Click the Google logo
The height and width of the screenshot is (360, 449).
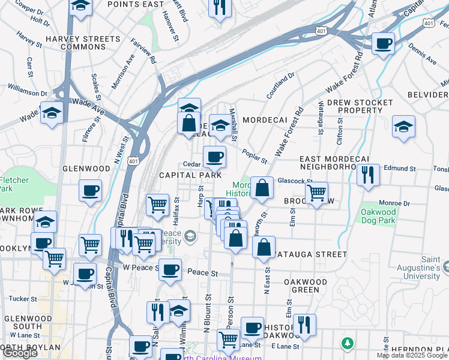click(20, 353)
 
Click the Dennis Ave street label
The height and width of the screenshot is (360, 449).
click(423, 53)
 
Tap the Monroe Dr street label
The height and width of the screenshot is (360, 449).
click(394, 203)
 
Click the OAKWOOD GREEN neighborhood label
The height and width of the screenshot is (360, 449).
click(306, 286)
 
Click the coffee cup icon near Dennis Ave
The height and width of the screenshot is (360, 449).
click(382, 44)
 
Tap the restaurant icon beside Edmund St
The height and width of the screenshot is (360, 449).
click(367, 175)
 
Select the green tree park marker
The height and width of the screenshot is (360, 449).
click(346, 343)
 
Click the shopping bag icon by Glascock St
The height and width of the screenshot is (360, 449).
click(262, 188)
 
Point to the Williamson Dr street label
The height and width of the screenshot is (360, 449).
click(27, 93)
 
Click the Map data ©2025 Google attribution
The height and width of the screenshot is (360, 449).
click(412, 355)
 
